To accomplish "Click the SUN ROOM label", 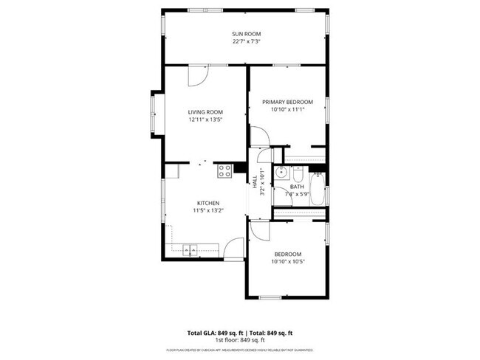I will (247, 34).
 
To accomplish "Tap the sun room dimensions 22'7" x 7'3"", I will (247, 42).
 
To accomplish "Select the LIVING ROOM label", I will (205, 111).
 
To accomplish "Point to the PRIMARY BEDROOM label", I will (288, 102).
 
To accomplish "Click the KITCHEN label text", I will (207, 203).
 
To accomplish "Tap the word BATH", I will (297, 187).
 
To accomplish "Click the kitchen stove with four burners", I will (225, 171).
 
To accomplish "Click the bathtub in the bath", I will (318, 190).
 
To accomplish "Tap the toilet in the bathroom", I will (297, 175).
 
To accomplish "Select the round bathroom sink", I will (281, 173).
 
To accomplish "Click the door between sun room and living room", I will (199, 74).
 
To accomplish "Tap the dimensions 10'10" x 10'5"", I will (289, 261).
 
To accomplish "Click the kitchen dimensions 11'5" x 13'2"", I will (207, 211).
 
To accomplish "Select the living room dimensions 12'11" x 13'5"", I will (205, 120).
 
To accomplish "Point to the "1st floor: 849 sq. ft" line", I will (240, 340).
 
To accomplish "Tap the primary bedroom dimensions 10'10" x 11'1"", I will (288, 110).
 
